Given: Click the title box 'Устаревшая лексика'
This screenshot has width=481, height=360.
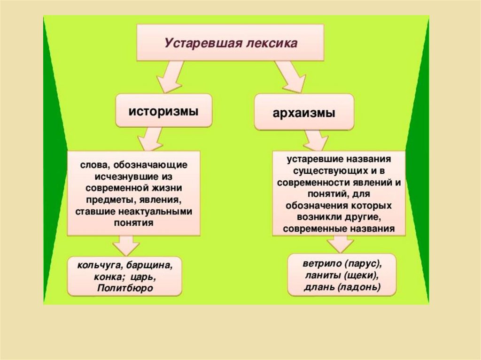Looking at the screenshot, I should (230, 43).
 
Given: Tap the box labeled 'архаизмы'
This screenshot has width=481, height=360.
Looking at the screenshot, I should (304, 112).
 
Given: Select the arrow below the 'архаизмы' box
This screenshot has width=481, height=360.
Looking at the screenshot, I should (316, 139).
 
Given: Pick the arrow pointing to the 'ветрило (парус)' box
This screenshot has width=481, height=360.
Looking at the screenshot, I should (340, 244).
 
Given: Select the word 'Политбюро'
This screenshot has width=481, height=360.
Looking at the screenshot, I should (125, 288).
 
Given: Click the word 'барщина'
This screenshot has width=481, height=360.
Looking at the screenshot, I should (152, 265).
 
